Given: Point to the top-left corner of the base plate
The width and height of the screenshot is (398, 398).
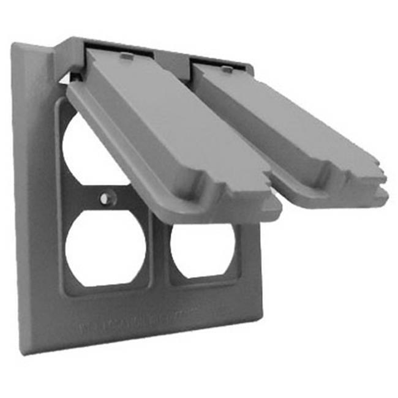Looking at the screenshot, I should pos(15,44).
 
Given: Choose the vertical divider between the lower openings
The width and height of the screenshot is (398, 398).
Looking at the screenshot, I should pos(159,257).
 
